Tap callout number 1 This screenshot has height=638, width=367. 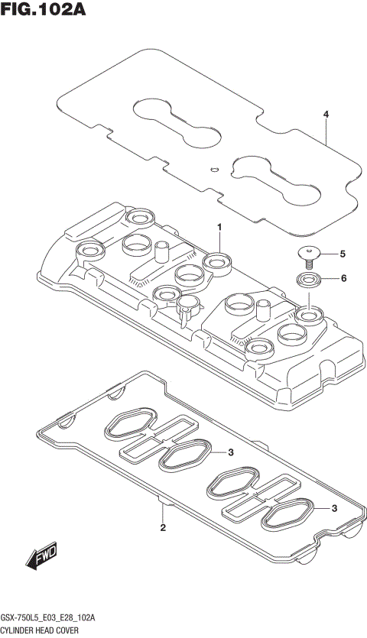pyautogui.click(x=219, y=227)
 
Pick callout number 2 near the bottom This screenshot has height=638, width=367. pyautogui.click(x=163, y=528)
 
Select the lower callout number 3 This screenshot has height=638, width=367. pyautogui.click(x=334, y=509)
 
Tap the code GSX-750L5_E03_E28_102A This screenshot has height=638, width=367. pyautogui.click(x=52, y=617)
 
